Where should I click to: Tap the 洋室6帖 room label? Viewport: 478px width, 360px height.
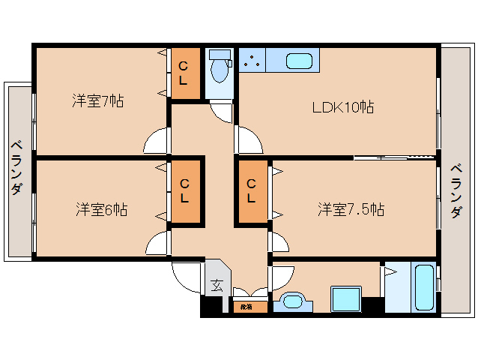(x=100, y=209)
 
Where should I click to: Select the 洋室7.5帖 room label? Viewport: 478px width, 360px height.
(x=350, y=209)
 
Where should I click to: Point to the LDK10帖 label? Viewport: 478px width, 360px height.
(x=342, y=107)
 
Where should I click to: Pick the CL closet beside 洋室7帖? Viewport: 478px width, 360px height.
(x=184, y=74)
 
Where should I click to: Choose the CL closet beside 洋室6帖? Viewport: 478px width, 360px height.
(x=184, y=190)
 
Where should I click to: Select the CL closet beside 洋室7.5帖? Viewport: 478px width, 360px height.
(x=252, y=190)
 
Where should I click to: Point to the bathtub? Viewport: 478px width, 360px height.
(x=423, y=287)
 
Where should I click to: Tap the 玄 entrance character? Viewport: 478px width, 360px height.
(x=216, y=285)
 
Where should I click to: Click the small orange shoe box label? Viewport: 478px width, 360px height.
(x=246, y=307)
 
